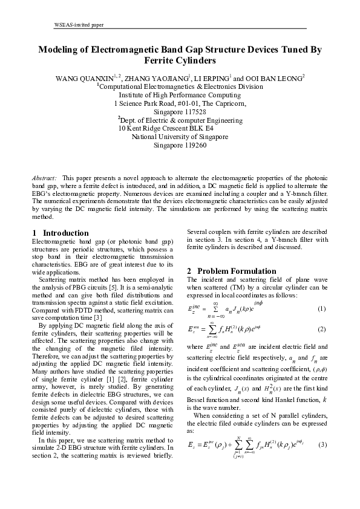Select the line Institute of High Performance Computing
click(180, 96)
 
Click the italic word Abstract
click(44, 178)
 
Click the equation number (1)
click(321, 310)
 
